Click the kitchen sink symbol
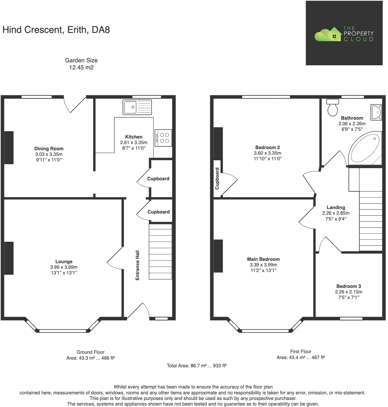click(x=137, y=107)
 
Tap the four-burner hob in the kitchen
click(x=163, y=138)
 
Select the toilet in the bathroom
click(x=333, y=108)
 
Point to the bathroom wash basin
click(x=376, y=112)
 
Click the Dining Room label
click(x=49, y=149)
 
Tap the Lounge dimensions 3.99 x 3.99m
click(x=64, y=267)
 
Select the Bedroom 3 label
click(x=349, y=286)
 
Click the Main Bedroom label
click(x=263, y=259)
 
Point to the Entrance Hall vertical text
click(x=137, y=265)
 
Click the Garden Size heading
click(x=81, y=60)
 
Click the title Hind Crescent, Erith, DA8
click(x=56, y=30)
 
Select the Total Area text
click(x=196, y=366)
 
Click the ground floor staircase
click(x=160, y=251)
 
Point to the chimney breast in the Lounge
click(x=9, y=258)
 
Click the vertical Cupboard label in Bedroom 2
click(x=217, y=179)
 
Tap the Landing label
click(x=336, y=207)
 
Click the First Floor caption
click(x=301, y=351)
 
